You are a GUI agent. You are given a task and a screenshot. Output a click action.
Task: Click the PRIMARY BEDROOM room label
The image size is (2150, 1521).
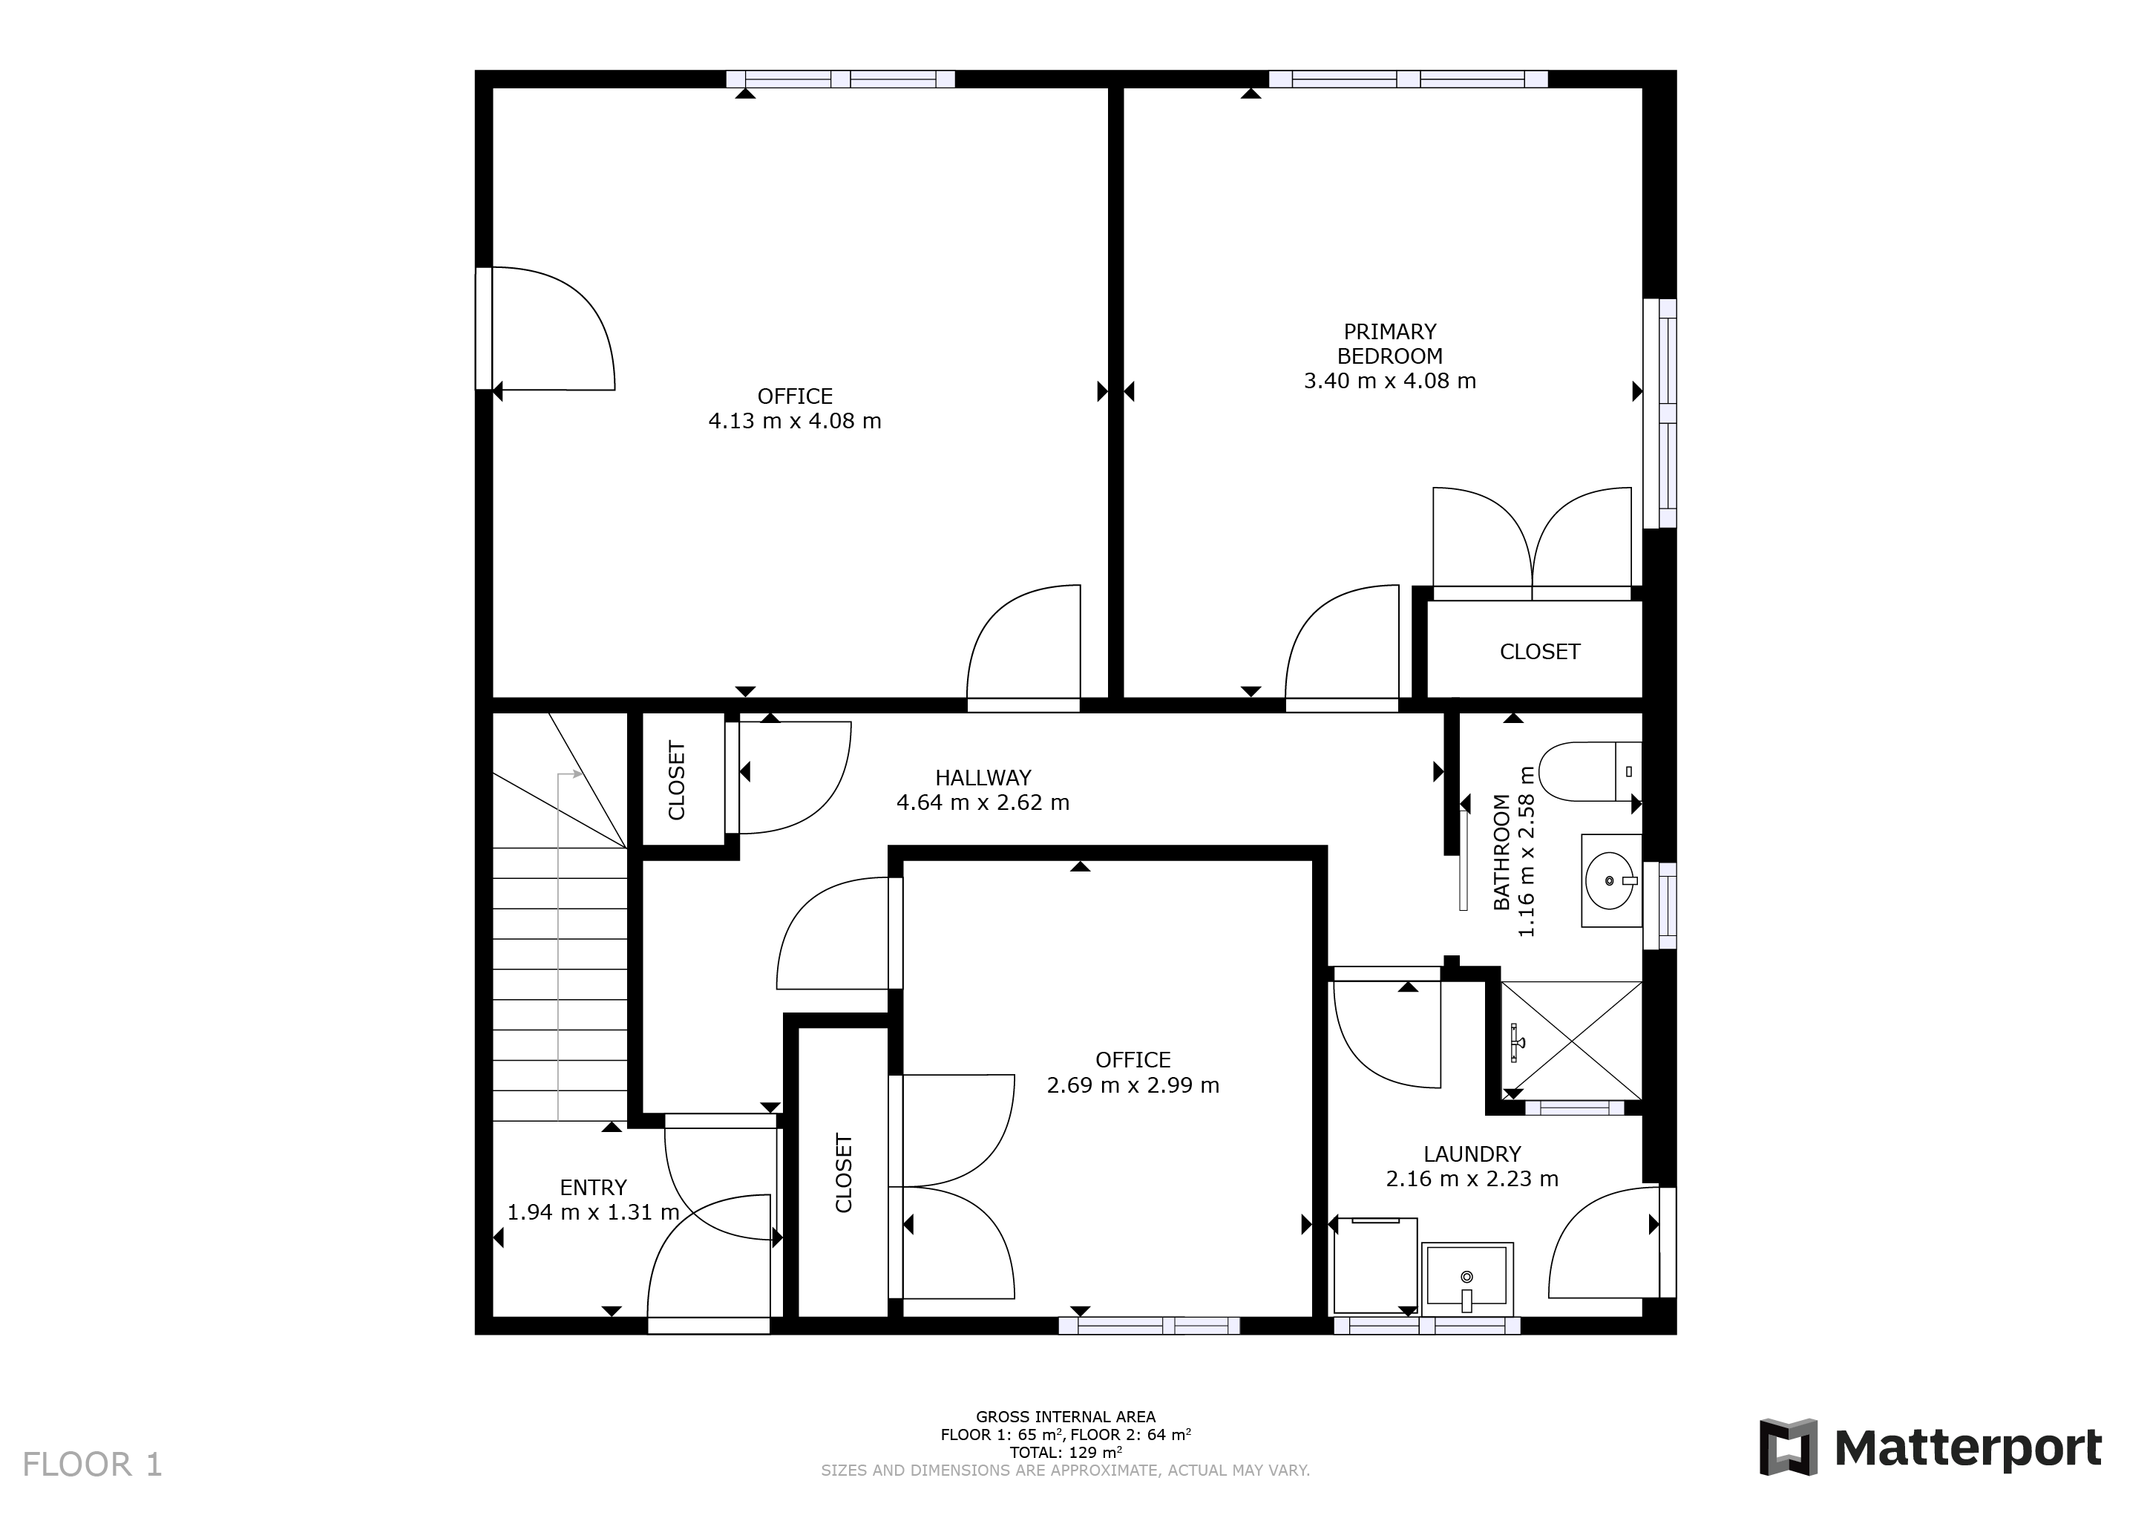[x=1389, y=344]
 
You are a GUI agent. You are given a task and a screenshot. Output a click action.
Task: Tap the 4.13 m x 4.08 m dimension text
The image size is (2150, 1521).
[x=795, y=422]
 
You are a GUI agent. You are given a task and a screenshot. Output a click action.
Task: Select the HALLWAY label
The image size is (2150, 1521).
[x=983, y=777]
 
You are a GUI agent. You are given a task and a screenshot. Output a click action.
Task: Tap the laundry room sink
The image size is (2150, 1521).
[x=1467, y=1279]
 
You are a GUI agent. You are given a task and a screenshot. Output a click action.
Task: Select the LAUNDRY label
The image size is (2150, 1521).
[x=1472, y=1154]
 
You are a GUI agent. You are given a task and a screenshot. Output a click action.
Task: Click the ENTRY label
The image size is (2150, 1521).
[x=593, y=1188]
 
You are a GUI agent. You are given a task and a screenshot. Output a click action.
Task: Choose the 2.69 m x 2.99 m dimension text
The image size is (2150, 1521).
[x=1133, y=1085]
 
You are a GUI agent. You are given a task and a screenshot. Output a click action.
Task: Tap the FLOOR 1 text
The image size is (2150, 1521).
[x=93, y=1465]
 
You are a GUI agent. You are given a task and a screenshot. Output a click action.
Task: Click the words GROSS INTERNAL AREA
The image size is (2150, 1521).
[x=1066, y=1417]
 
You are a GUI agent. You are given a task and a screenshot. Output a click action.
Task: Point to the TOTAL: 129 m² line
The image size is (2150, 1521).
[x=1066, y=1453]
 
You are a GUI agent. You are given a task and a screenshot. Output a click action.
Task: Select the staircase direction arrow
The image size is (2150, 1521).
[x=559, y=946]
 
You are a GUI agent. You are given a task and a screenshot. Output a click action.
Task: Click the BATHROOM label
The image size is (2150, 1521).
[x=1502, y=852]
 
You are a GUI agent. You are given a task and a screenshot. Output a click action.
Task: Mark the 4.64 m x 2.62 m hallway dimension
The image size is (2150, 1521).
[x=983, y=802]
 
